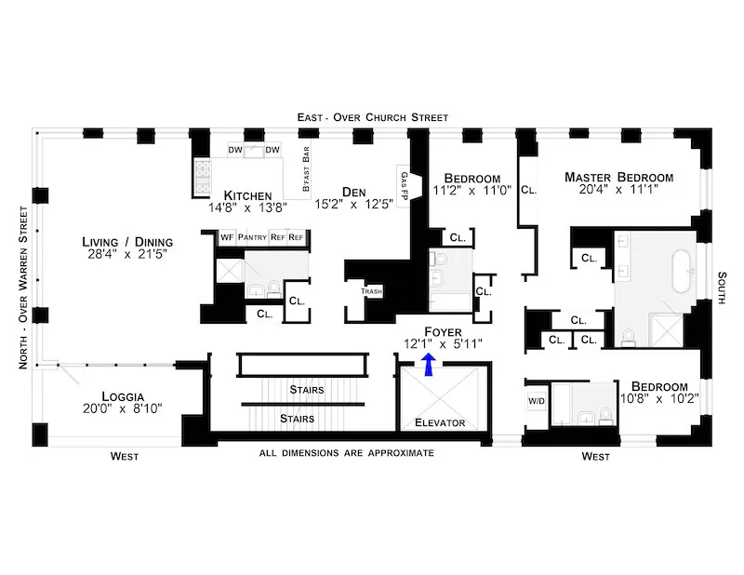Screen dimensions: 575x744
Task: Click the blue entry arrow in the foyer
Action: pyautogui.click(x=428, y=365)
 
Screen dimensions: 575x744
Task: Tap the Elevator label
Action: pyautogui.click(x=438, y=423)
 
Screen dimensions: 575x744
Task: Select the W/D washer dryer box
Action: pyautogui.click(x=537, y=402)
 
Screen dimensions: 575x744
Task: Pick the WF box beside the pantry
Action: pyautogui.click(x=226, y=237)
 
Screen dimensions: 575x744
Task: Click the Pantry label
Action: pyautogui.click(x=252, y=237)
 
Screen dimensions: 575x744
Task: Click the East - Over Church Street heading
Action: pyautogui.click(x=372, y=117)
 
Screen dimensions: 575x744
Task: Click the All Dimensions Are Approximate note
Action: pyautogui.click(x=347, y=453)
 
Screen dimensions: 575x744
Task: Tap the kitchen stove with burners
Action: pyautogui.click(x=204, y=173)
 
